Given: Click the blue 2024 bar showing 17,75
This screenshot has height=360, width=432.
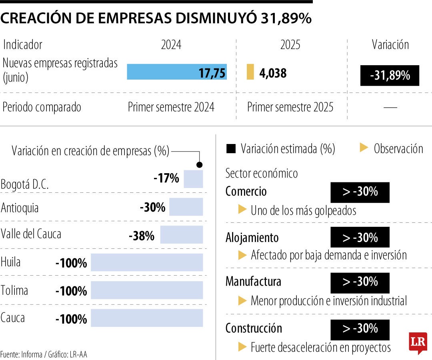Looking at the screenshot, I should (177, 72).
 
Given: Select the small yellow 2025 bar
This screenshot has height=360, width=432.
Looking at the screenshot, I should (250, 72).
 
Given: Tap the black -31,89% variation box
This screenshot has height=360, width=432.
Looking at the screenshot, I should (390, 76).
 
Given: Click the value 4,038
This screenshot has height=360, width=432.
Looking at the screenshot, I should (273, 73).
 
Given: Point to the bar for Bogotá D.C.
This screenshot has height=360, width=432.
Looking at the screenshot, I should (193, 179).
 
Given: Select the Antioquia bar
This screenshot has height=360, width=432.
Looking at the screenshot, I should (186, 207).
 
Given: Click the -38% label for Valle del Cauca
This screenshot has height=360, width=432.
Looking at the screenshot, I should (142, 236).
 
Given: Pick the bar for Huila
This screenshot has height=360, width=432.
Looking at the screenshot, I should (147, 262).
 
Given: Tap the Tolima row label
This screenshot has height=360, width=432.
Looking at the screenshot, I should (14, 290).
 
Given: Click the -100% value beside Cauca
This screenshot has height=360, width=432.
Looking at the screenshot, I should (71, 319).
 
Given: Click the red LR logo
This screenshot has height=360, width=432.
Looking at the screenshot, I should (418, 342).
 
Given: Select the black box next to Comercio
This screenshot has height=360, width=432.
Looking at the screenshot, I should (360, 192).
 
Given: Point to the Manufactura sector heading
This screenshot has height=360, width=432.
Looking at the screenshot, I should (253, 282).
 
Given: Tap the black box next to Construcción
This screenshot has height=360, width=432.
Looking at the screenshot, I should (360, 329).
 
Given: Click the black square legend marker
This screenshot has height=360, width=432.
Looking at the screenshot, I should (231, 149).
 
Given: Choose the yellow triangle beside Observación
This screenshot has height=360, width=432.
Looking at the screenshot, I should (364, 148).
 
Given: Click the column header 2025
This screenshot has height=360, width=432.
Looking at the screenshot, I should (290, 45).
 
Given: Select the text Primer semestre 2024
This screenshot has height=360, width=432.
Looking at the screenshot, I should (171, 107).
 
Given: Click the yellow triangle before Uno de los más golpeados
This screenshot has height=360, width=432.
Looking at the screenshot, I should (242, 209).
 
